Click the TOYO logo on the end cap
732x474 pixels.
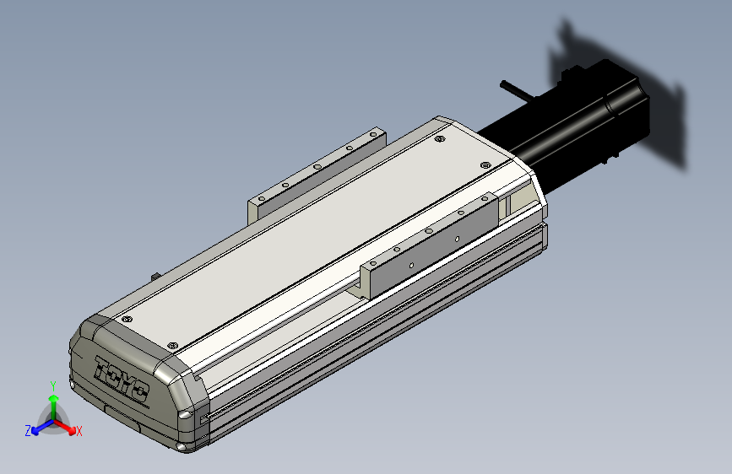122,380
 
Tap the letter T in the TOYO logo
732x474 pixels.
105,369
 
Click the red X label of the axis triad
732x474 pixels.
79,432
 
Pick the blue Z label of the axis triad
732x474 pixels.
27,431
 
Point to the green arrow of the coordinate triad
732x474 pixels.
52,402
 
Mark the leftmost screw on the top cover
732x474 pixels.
127,320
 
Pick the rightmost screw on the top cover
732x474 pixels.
484,165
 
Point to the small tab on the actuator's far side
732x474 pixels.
155,276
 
